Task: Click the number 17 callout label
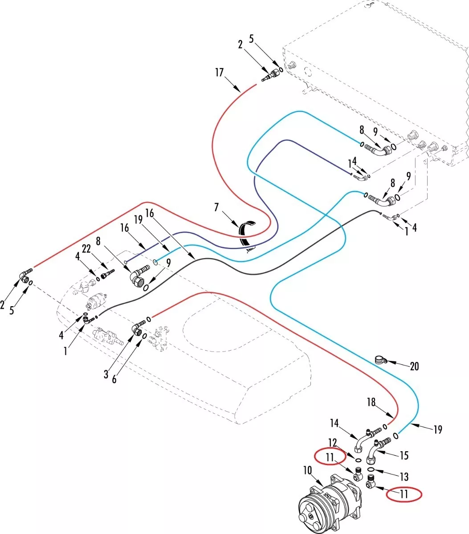click(x=219, y=73)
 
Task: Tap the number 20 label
click(x=414, y=366)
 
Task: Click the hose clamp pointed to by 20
click(x=380, y=359)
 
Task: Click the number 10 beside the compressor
click(x=308, y=471)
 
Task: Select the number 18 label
click(x=371, y=402)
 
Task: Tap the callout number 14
click(x=334, y=422)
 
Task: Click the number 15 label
click(x=404, y=456)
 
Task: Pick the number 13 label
click(x=404, y=477)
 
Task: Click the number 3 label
click(x=106, y=374)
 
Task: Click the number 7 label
click(x=216, y=207)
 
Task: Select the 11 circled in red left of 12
click(x=330, y=457)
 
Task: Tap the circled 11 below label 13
click(x=404, y=494)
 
